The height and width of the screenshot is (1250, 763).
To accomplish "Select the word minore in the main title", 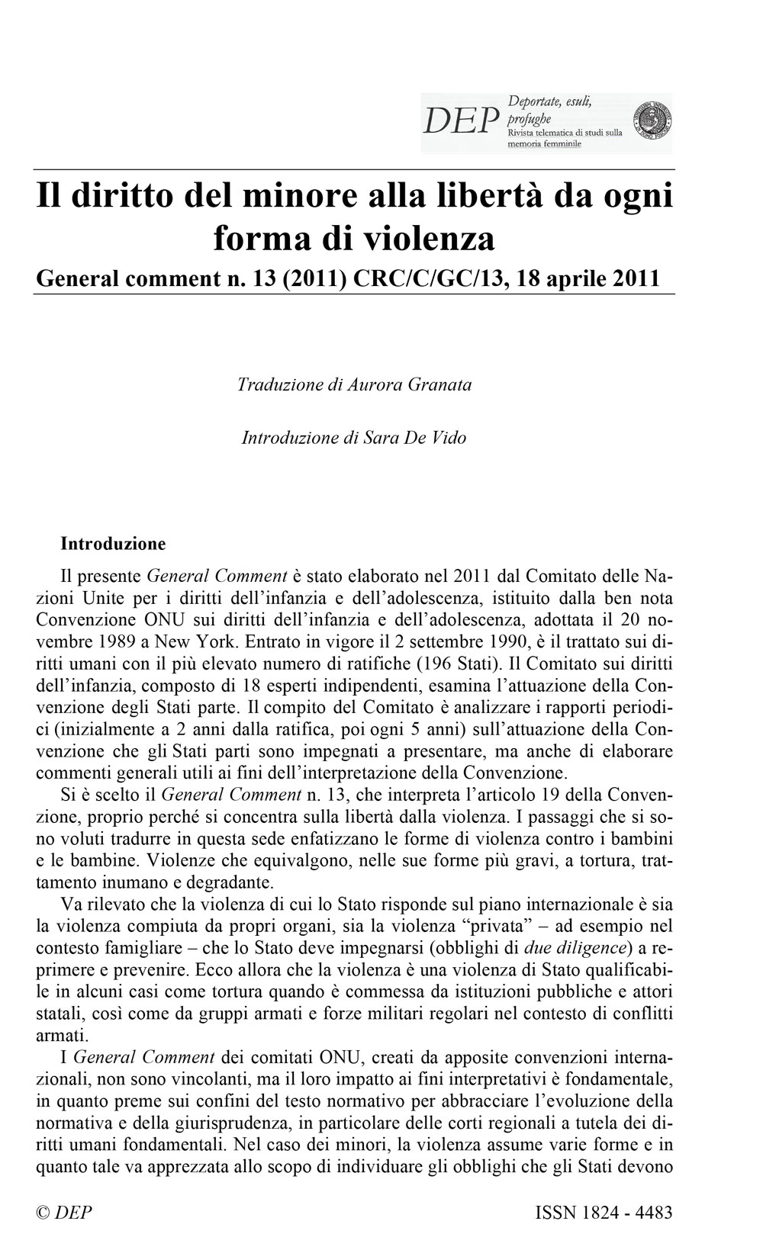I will [296, 197].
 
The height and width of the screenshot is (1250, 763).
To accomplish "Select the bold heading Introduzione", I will [113, 545].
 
